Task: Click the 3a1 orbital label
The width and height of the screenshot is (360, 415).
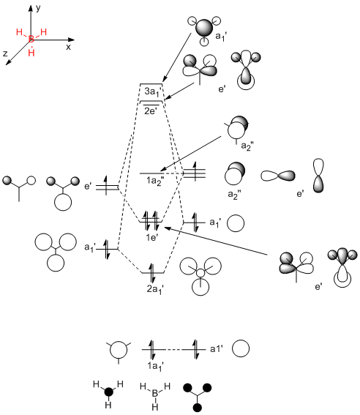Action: coord(152,91)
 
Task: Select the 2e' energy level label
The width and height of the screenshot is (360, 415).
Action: coord(151,111)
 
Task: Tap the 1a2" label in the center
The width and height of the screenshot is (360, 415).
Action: coord(155,182)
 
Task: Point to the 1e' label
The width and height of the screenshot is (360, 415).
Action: coord(152,237)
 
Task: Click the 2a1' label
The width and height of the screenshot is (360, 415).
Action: coord(155,289)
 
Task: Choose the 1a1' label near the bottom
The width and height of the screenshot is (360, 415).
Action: coord(155,367)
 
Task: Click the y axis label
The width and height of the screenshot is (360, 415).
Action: coord(38,8)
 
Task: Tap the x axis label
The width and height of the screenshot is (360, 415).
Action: coord(69,47)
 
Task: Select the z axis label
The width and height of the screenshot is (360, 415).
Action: coord(5,53)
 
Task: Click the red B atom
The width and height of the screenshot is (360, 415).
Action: coord(31,40)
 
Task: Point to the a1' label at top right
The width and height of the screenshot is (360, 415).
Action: coord(221,37)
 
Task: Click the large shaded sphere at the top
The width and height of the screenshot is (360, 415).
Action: coord(204,28)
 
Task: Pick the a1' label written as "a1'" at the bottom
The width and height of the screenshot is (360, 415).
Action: coord(217,349)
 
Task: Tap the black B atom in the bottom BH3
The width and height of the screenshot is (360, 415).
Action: coord(155,393)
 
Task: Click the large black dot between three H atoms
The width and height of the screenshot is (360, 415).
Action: coord(109,392)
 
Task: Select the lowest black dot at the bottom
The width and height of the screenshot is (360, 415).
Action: coord(197,408)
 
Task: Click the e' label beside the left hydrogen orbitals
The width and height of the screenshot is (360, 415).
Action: coord(88,187)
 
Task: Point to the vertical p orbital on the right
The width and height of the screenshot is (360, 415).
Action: coord(318,176)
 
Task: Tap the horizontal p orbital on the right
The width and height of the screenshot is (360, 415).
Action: coord(278,176)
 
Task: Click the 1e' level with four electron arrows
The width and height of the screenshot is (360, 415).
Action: coord(151,222)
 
